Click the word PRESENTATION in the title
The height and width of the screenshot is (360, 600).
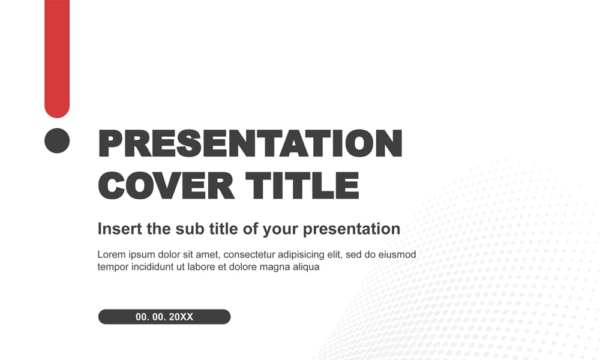tap(250, 144)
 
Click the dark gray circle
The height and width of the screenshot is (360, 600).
tap(57, 140)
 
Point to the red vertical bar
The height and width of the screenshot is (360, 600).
tap(57, 57)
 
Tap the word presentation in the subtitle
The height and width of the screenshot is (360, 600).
tap(352, 229)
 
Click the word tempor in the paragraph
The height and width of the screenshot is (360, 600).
tap(112, 268)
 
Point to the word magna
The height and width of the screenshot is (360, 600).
tap(275, 268)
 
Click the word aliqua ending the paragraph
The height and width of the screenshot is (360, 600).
tap(305, 268)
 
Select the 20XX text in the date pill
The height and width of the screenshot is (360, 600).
tap(181, 317)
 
